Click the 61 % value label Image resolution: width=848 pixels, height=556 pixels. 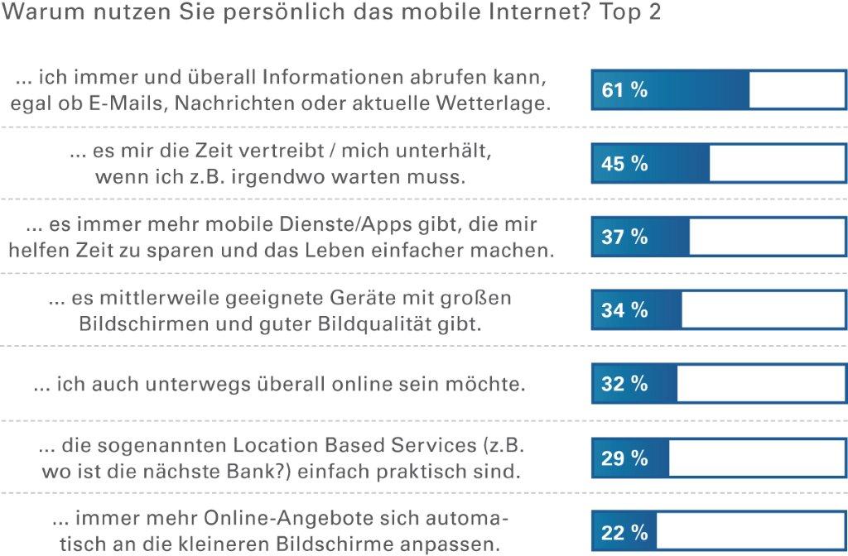click(624, 90)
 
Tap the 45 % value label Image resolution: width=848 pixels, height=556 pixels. click(624, 164)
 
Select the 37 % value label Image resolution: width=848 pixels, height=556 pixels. click(624, 237)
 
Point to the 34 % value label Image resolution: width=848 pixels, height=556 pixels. click(624, 310)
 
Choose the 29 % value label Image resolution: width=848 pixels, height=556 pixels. click(624, 458)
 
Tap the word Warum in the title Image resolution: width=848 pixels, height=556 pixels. click(39, 16)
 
